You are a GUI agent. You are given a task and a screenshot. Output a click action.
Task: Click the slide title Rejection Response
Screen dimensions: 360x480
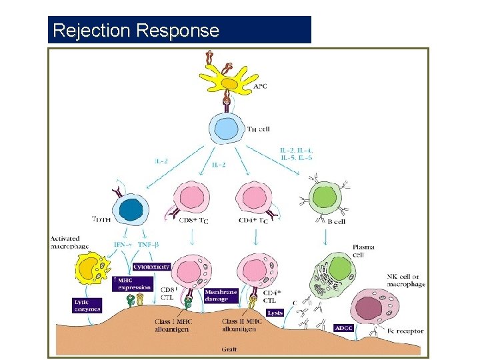pyautogui.click(x=135, y=31)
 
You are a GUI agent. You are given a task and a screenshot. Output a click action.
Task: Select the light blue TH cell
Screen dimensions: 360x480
pyautogui.click(x=229, y=129)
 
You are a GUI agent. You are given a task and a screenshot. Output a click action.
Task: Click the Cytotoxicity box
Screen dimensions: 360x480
pyautogui.click(x=151, y=266)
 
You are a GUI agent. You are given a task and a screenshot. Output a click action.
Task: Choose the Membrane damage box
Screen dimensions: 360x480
pyautogui.click(x=221, y=295)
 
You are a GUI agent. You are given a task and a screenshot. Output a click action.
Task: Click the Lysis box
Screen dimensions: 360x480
pyautogui.click(x=274, y=313)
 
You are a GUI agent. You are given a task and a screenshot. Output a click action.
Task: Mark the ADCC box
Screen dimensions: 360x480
pyautogui.click(x=345, y=328)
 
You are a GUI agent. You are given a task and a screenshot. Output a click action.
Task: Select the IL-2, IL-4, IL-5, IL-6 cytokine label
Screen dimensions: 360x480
pyautogui.click(x=297, y=155)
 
